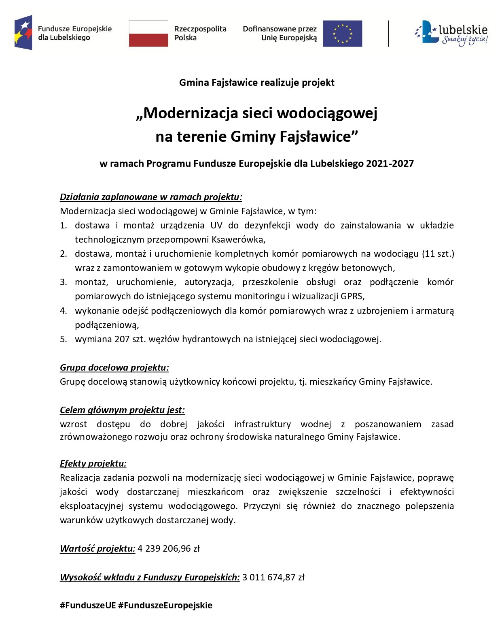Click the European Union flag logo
[342, 34]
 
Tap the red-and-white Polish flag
[148, 34]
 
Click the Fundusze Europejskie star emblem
[23, 33]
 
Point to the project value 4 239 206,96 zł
[169, 549]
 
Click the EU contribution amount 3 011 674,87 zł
[273, 577]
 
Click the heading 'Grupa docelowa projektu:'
[114, 368]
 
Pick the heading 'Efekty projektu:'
[93, 463]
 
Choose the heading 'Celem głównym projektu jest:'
[122, 410]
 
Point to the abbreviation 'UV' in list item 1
[216, 225]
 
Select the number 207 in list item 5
[122, 339]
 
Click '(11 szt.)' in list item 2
[438, 254]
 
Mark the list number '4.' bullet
[64, 311]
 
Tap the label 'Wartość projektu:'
[97, 549]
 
